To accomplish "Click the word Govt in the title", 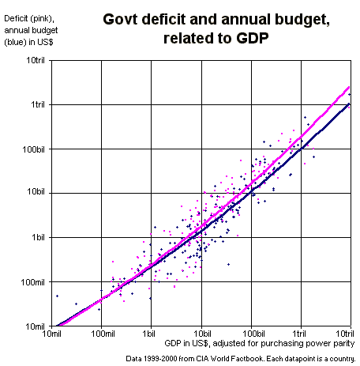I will pos(120,20).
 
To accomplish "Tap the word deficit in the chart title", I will pos(163,20).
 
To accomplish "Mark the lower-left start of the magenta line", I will pos(60,325).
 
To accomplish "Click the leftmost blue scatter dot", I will pos(57,296).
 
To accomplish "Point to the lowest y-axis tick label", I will pos(36,325).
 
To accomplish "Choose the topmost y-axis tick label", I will pos(36,59).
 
